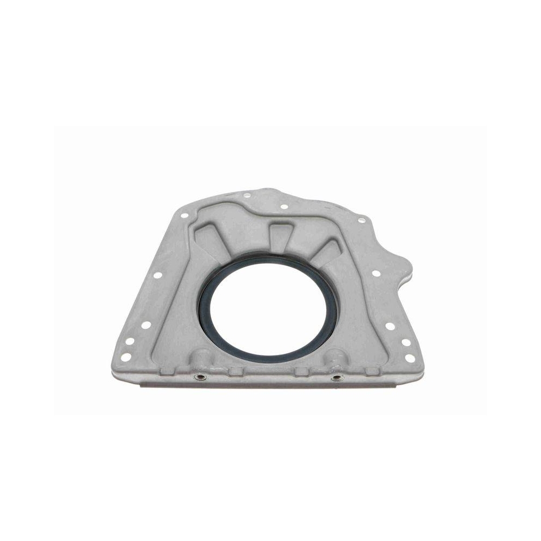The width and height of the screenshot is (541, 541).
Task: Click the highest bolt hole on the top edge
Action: pos(247,196)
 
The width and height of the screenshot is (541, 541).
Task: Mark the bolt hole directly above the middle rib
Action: pos(283,206)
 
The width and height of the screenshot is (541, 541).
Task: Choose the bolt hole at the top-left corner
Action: pos(184,215)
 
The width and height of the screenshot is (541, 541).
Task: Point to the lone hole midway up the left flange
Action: pos(157,275)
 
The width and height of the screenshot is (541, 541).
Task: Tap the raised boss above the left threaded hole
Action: pos(201,359)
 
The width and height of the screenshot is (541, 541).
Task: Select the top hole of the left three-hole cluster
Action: pos(145,325)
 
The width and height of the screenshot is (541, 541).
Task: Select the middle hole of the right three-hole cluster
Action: pos(405,342)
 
